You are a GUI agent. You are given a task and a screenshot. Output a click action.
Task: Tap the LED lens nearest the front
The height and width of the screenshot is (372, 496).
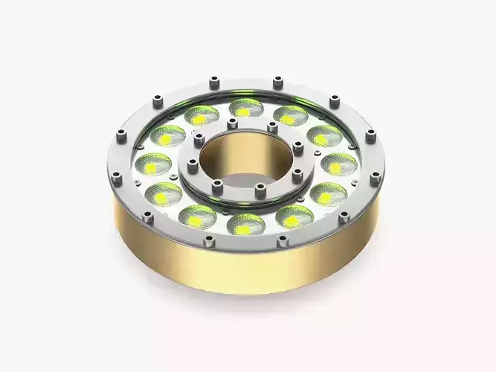click(x=245, y=221)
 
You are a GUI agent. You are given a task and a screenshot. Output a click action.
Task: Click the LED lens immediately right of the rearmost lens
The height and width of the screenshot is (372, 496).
click(x=291, y=115)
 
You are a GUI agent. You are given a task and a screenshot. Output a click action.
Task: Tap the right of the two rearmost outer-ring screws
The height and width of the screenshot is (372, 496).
click(x=278, y=78)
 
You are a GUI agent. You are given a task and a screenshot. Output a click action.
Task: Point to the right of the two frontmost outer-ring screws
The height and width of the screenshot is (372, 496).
click(x=282, y=240)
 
